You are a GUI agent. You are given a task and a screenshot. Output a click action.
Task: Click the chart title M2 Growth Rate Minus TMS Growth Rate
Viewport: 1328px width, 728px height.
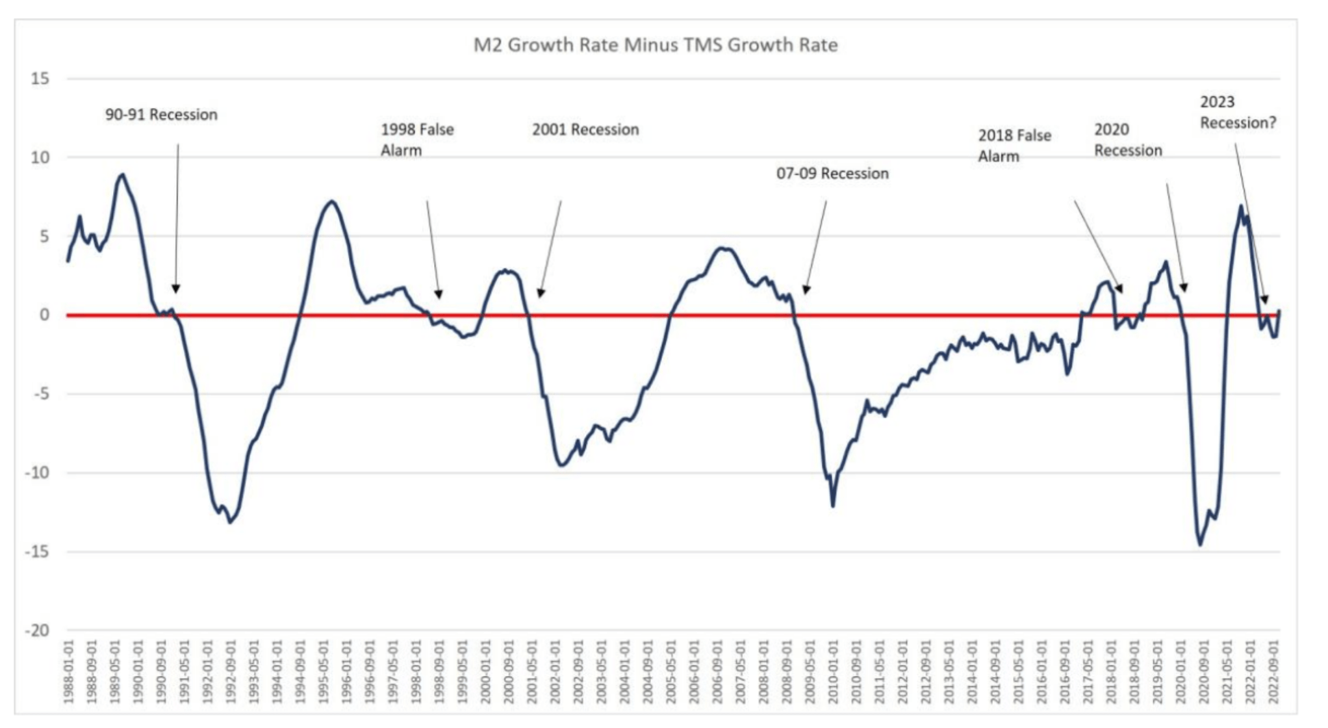click(x=655, y=45)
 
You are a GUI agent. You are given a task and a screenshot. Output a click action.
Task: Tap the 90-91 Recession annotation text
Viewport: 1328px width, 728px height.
click(x=161, y=115)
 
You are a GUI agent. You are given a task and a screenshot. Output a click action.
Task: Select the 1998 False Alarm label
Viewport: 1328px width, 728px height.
click(x=417, y=140)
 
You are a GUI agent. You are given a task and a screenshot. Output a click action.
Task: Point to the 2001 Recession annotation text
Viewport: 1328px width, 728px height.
click(x=585, y=130)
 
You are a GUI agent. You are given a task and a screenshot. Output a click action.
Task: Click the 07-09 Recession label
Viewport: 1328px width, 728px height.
click(x=832, y=174)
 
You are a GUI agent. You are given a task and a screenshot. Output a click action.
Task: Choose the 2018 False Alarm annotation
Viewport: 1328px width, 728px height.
click(x=1014, y=146)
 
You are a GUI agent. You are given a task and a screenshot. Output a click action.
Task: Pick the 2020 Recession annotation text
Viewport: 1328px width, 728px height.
click(x=1128, y=140)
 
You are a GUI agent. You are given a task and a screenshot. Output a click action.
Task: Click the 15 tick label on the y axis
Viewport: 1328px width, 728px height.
click(x=40, y=79)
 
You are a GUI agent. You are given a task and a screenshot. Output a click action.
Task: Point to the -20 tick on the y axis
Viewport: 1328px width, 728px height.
click(x=37, y=630)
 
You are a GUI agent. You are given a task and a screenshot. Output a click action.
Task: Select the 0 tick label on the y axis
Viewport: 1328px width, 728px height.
click(x=44, y=315)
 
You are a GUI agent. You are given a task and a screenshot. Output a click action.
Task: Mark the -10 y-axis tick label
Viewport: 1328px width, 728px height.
click(x=37, y=473)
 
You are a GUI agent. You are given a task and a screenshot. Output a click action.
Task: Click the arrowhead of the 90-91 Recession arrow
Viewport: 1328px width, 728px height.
click(x=176, y=289)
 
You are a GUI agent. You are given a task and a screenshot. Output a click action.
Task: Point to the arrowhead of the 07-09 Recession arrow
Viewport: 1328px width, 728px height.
click(x=806, y=290)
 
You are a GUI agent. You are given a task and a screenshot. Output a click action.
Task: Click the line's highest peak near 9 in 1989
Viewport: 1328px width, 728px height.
click(x=122, y=174)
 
